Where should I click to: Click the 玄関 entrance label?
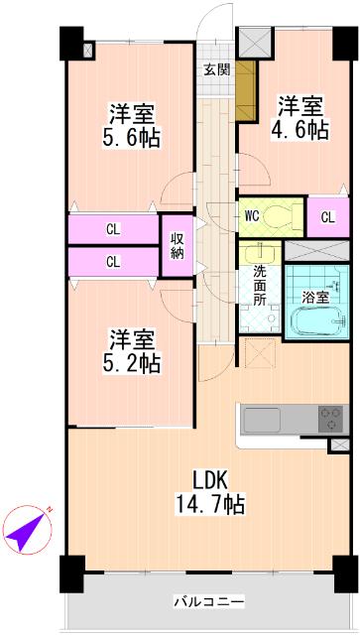[x=217, y=69]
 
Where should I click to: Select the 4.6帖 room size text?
[x=300, y=129]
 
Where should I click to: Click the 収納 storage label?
[x=177, y=245]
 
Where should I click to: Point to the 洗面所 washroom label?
[x=260, y=286]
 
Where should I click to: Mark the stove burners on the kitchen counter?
[x=330, y=419]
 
